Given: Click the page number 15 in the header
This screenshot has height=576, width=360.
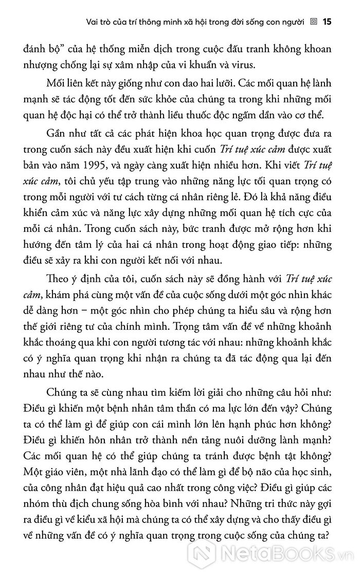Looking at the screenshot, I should point(328,22).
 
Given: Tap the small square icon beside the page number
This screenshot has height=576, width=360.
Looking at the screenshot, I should point(314,22).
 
